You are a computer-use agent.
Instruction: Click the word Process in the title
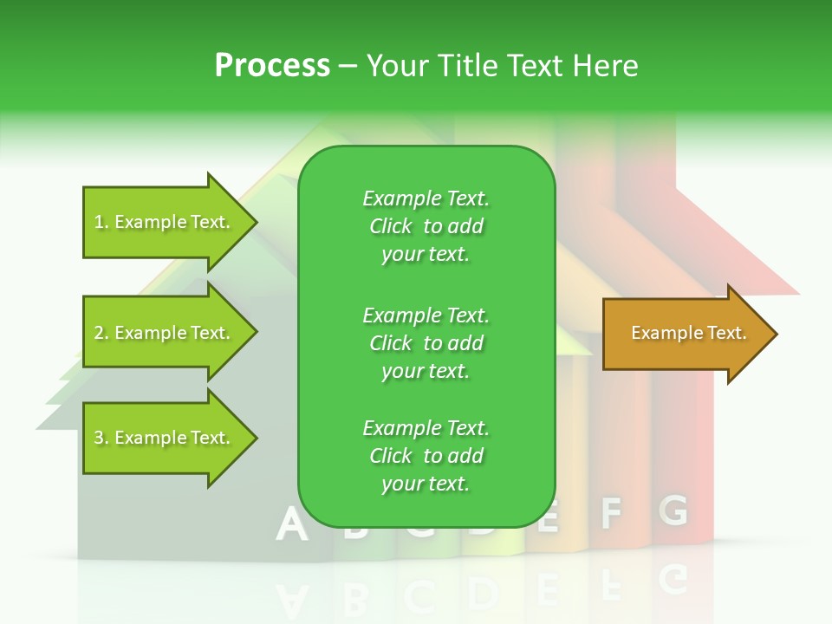point(272,66)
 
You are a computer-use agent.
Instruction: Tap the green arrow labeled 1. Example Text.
point(165,222)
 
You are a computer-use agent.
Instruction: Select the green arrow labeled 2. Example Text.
point(165,333)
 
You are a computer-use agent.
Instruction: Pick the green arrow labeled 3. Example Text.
point(165,438)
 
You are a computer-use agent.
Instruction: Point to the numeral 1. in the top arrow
point(101,223)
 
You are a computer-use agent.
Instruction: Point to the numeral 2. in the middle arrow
point(101,333)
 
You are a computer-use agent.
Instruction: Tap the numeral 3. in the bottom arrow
point(101,439)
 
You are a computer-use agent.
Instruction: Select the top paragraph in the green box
point(426,226)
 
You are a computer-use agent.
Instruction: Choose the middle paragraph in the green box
point(426,342)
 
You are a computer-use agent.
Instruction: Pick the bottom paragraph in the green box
point(426,456)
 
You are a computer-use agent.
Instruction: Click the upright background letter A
point(292,524)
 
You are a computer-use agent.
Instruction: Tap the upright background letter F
point(612,513)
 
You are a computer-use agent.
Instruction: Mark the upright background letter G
point(673,510)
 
